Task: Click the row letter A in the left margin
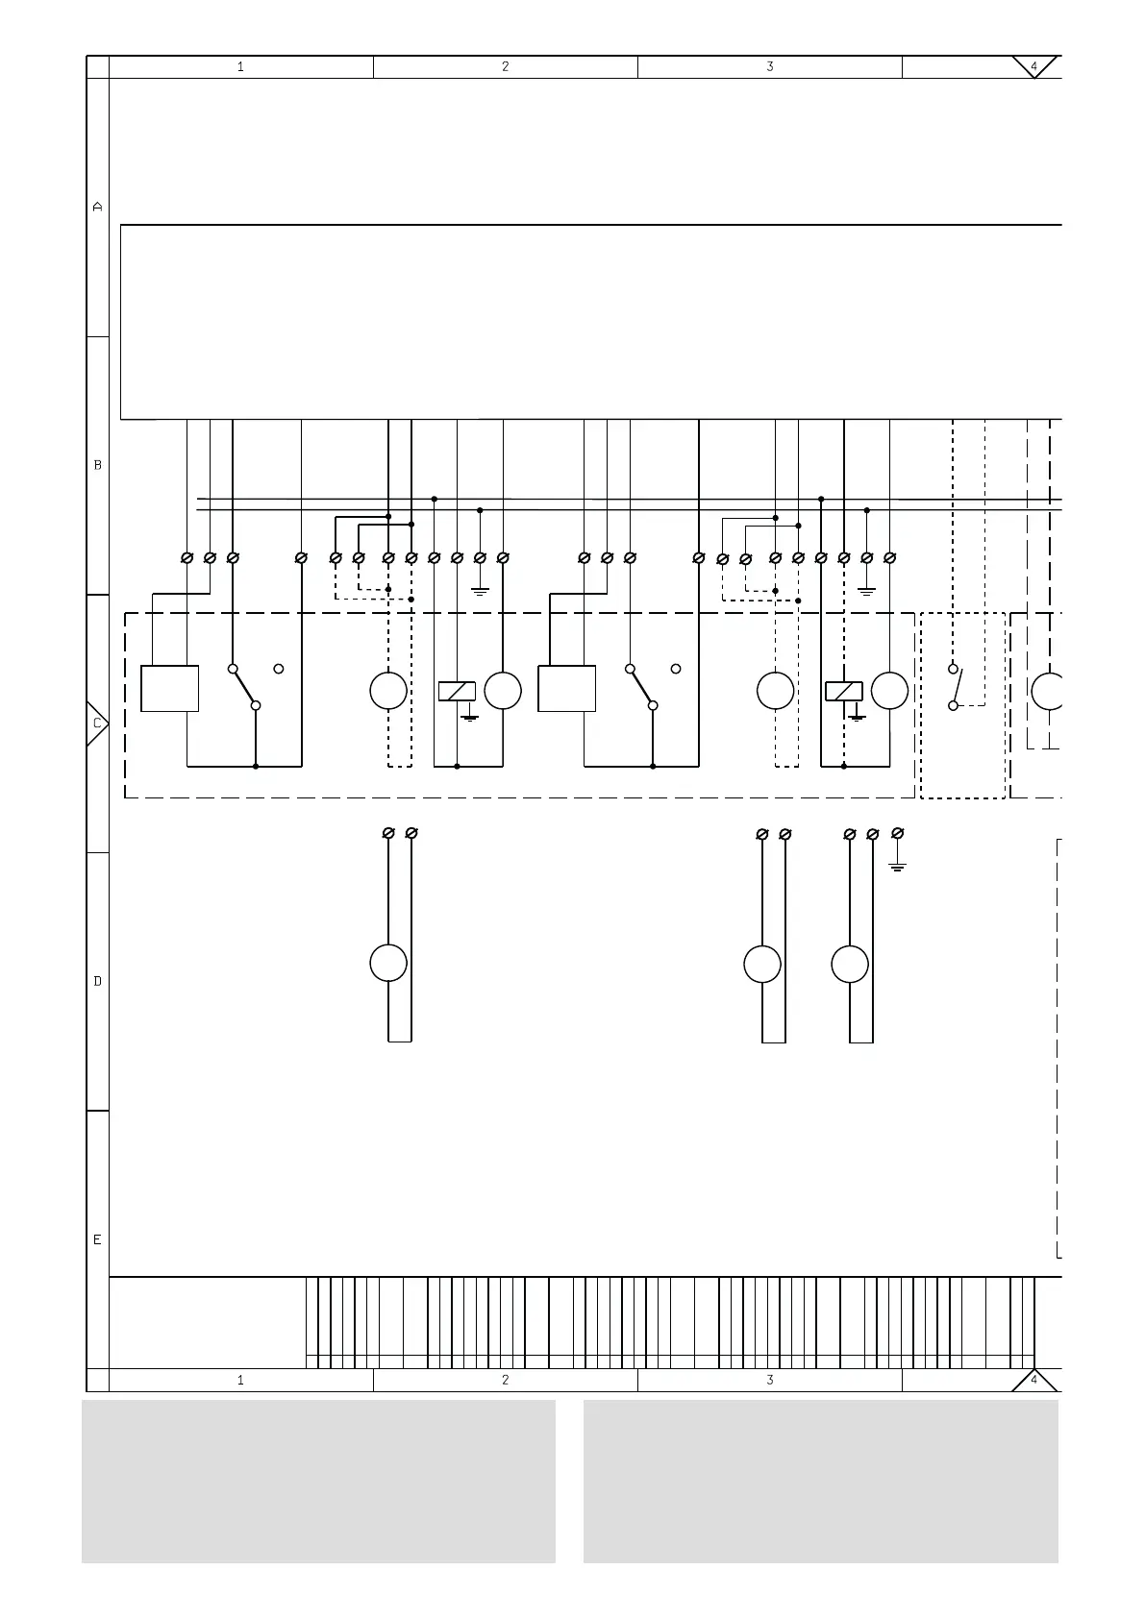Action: pos(97,207)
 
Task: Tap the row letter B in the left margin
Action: pos(97,465)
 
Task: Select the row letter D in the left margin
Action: pos(97,981)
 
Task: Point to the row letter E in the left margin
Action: pos(97,1239)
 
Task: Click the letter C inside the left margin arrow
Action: pos(96,723)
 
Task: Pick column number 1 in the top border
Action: pos(240,66)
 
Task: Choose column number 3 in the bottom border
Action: pos(769,1380)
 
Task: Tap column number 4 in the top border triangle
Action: pos(1033,66)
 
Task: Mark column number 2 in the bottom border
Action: pos(505,1380)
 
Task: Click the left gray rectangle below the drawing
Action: pos(318,1481)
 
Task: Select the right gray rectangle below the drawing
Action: pos(820,1481)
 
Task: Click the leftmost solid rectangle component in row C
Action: pos(170,688)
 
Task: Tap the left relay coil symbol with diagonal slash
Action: pos(457,690)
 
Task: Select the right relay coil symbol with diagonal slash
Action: pos(844,690)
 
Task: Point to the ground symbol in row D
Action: pos(898,866)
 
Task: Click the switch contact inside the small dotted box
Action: pos(954,687)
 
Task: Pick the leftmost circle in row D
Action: pos(388,963)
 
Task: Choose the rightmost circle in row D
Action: pos(850,964)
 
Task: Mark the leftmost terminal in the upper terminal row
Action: pos(187,557)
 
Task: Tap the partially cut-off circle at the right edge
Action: pos(1048,691)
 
